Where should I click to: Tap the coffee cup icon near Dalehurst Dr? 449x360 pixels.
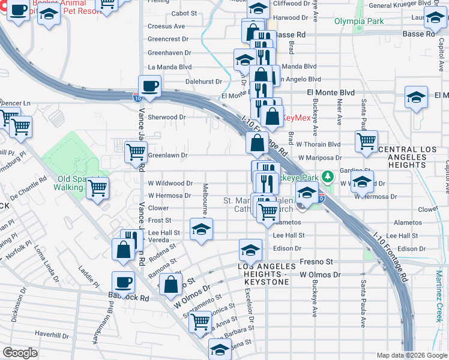[x=149, y=86]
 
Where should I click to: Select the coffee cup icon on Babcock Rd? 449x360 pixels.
[x=124, y=282]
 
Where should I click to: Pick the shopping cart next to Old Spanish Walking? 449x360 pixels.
[x=97, y=188]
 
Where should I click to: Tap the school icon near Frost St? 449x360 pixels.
[x=202, y=229]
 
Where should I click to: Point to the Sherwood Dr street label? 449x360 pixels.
[x=167, y=118]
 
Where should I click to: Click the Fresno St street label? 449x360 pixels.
[x=316, y=262]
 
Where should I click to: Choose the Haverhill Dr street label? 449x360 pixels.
[x=52, y=334]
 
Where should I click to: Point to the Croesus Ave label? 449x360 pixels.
[x=166, y=26]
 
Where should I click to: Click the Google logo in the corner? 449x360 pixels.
[x=20, y=353]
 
